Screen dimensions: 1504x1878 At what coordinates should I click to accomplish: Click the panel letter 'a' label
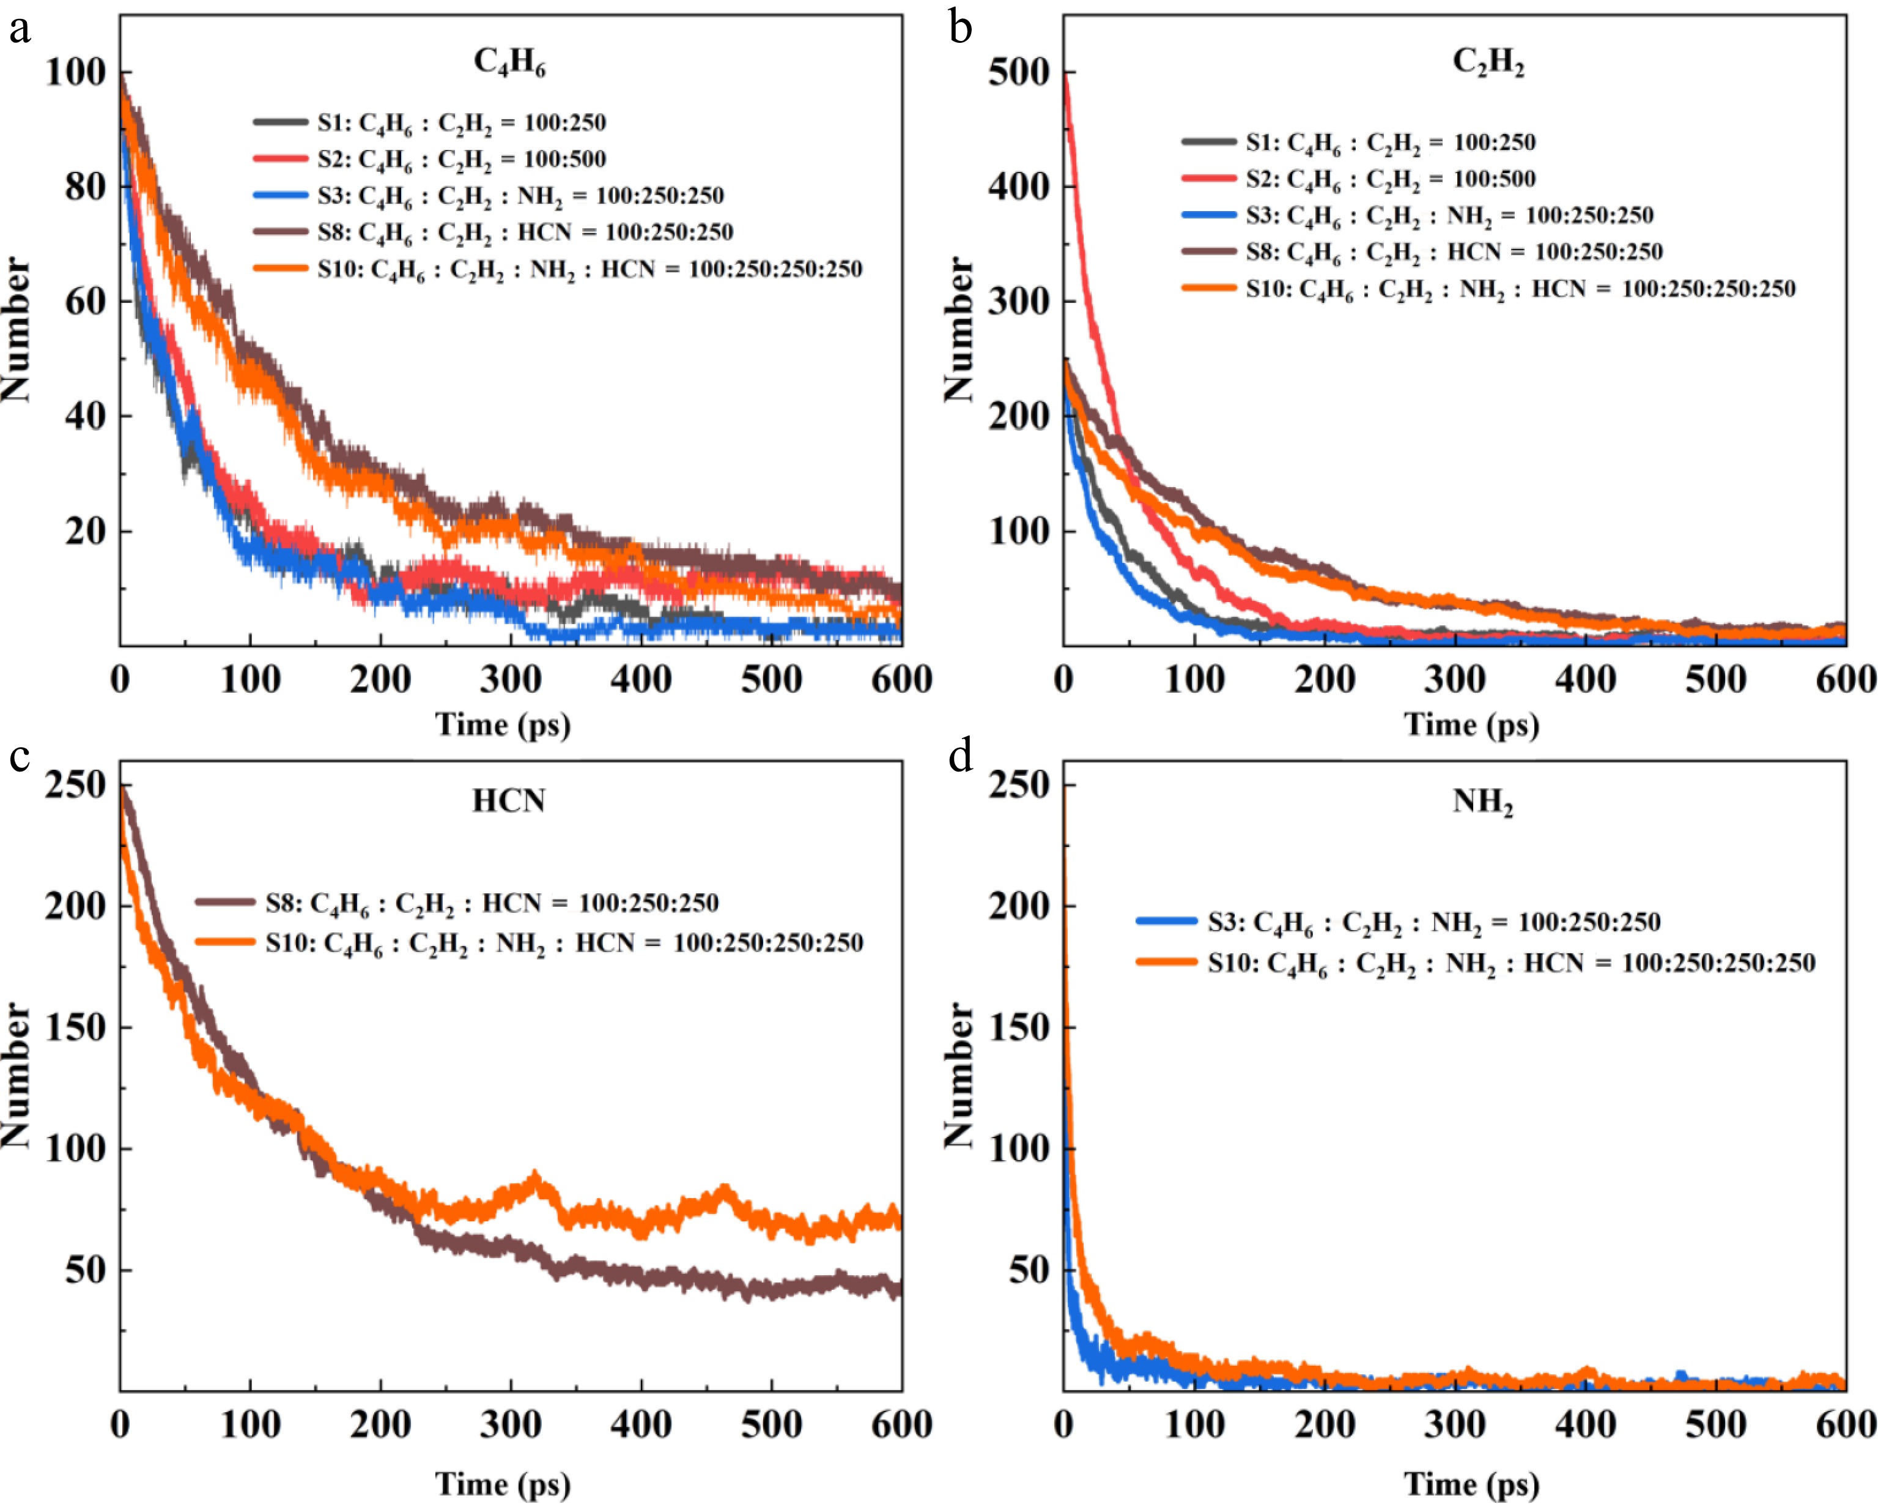pyautogui.click(x=19, y=29)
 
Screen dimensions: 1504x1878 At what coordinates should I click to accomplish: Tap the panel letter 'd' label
pyautogui.click(x=960, y=756)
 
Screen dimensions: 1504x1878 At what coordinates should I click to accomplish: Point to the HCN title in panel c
pyautogui.click(x=509, y=800)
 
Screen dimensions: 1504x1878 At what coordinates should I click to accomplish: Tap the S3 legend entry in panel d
pyautogui.click(x=1433, y=923)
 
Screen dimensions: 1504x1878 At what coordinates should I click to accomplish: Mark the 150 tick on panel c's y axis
pyautogui.click(x=75, y=1027)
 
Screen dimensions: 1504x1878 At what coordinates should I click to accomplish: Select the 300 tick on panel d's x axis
pyautogui.click(x=1455, y=1424)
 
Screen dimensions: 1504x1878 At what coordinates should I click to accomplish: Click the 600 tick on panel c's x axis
pyautogui.click(x=901, y=1424)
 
